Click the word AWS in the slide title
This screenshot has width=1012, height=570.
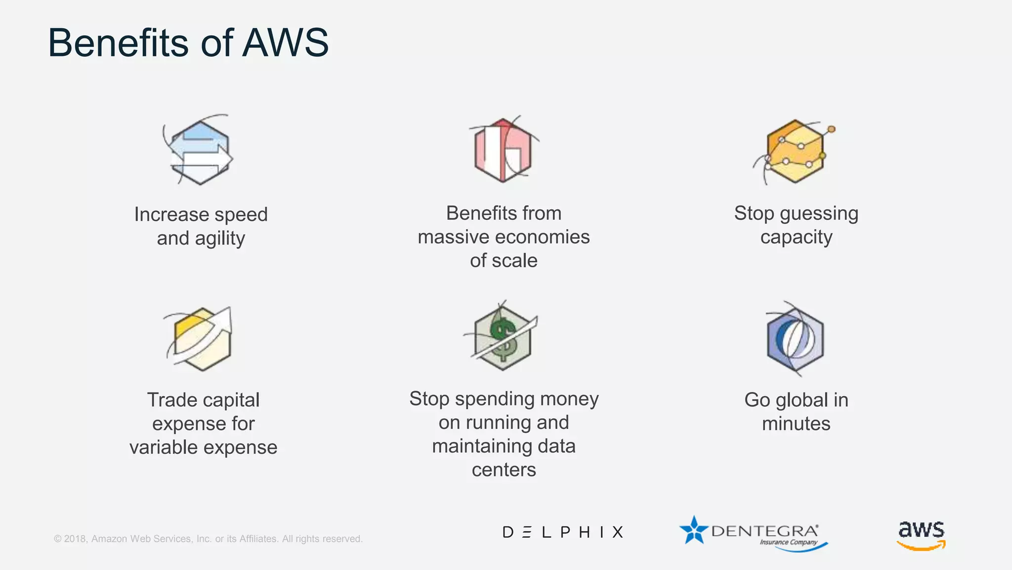point(286,43)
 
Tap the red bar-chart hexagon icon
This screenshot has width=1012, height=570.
point(503,150)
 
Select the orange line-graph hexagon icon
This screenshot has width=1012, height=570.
point(795,151)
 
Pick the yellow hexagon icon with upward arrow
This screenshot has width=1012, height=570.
point(202,339)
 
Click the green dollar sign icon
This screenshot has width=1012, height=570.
point(503,337)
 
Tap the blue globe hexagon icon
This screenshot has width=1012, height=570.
point(795,339)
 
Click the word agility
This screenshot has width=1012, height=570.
point(220,238)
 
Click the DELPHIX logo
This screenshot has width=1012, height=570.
point(562,532)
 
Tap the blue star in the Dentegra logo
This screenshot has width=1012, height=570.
point(694,530)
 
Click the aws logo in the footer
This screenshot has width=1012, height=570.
point(921,534)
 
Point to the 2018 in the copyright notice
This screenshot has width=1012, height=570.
point(75,539)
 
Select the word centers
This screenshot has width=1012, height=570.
point(504,470)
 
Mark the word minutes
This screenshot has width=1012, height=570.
point(796,424)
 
